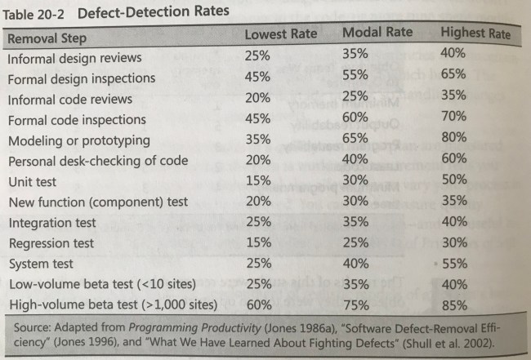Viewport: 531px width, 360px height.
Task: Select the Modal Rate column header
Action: pyautogui.click(x=377, y=33)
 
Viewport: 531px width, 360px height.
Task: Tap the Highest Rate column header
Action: pyautogui.click(x=475, y=33)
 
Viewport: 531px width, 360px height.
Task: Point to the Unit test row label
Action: pyautogui.click(x=32, y=181)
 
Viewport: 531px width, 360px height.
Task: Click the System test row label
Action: pyautogui.click(x=40, y=264)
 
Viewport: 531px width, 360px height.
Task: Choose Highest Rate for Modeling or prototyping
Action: pyautogui.click(x=453, y=138)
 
